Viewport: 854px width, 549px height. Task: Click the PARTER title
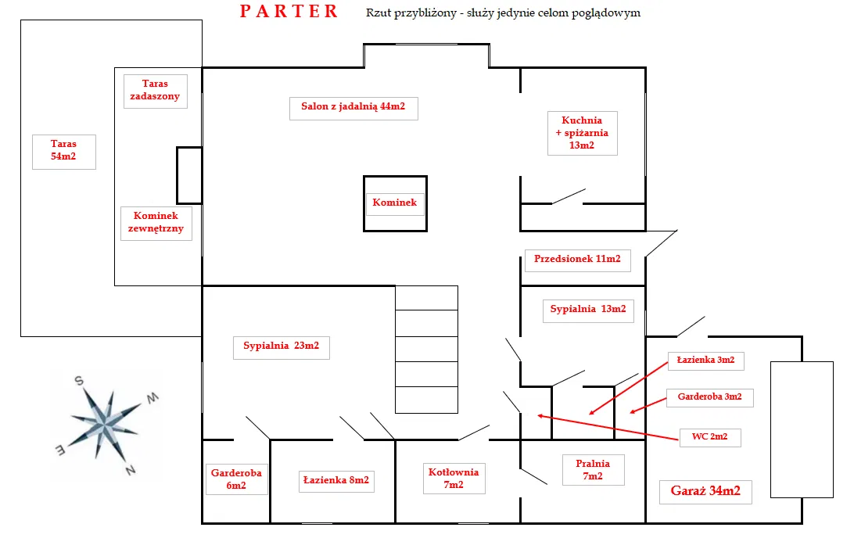289,11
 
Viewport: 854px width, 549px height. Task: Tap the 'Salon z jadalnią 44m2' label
353,107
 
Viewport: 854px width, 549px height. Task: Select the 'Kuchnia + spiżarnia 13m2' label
582,133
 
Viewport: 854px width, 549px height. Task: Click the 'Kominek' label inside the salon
394,203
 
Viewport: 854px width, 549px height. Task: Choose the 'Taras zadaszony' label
155,90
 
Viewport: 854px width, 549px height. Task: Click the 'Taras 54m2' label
64,150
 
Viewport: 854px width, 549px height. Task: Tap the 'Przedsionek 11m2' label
577,259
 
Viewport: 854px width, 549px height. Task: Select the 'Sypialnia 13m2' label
588,309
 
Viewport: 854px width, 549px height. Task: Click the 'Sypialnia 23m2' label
281,346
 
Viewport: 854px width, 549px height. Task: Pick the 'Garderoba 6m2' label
236,479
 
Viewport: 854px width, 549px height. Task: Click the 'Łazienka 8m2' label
335,480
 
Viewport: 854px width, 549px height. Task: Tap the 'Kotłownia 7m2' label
454,478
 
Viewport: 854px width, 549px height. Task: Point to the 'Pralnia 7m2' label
592,469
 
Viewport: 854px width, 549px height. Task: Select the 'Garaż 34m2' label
705,492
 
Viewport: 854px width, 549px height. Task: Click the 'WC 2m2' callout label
709,436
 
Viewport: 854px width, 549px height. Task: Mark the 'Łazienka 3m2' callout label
705,360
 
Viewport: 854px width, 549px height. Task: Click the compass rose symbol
104,423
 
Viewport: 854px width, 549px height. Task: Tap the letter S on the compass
79,382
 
